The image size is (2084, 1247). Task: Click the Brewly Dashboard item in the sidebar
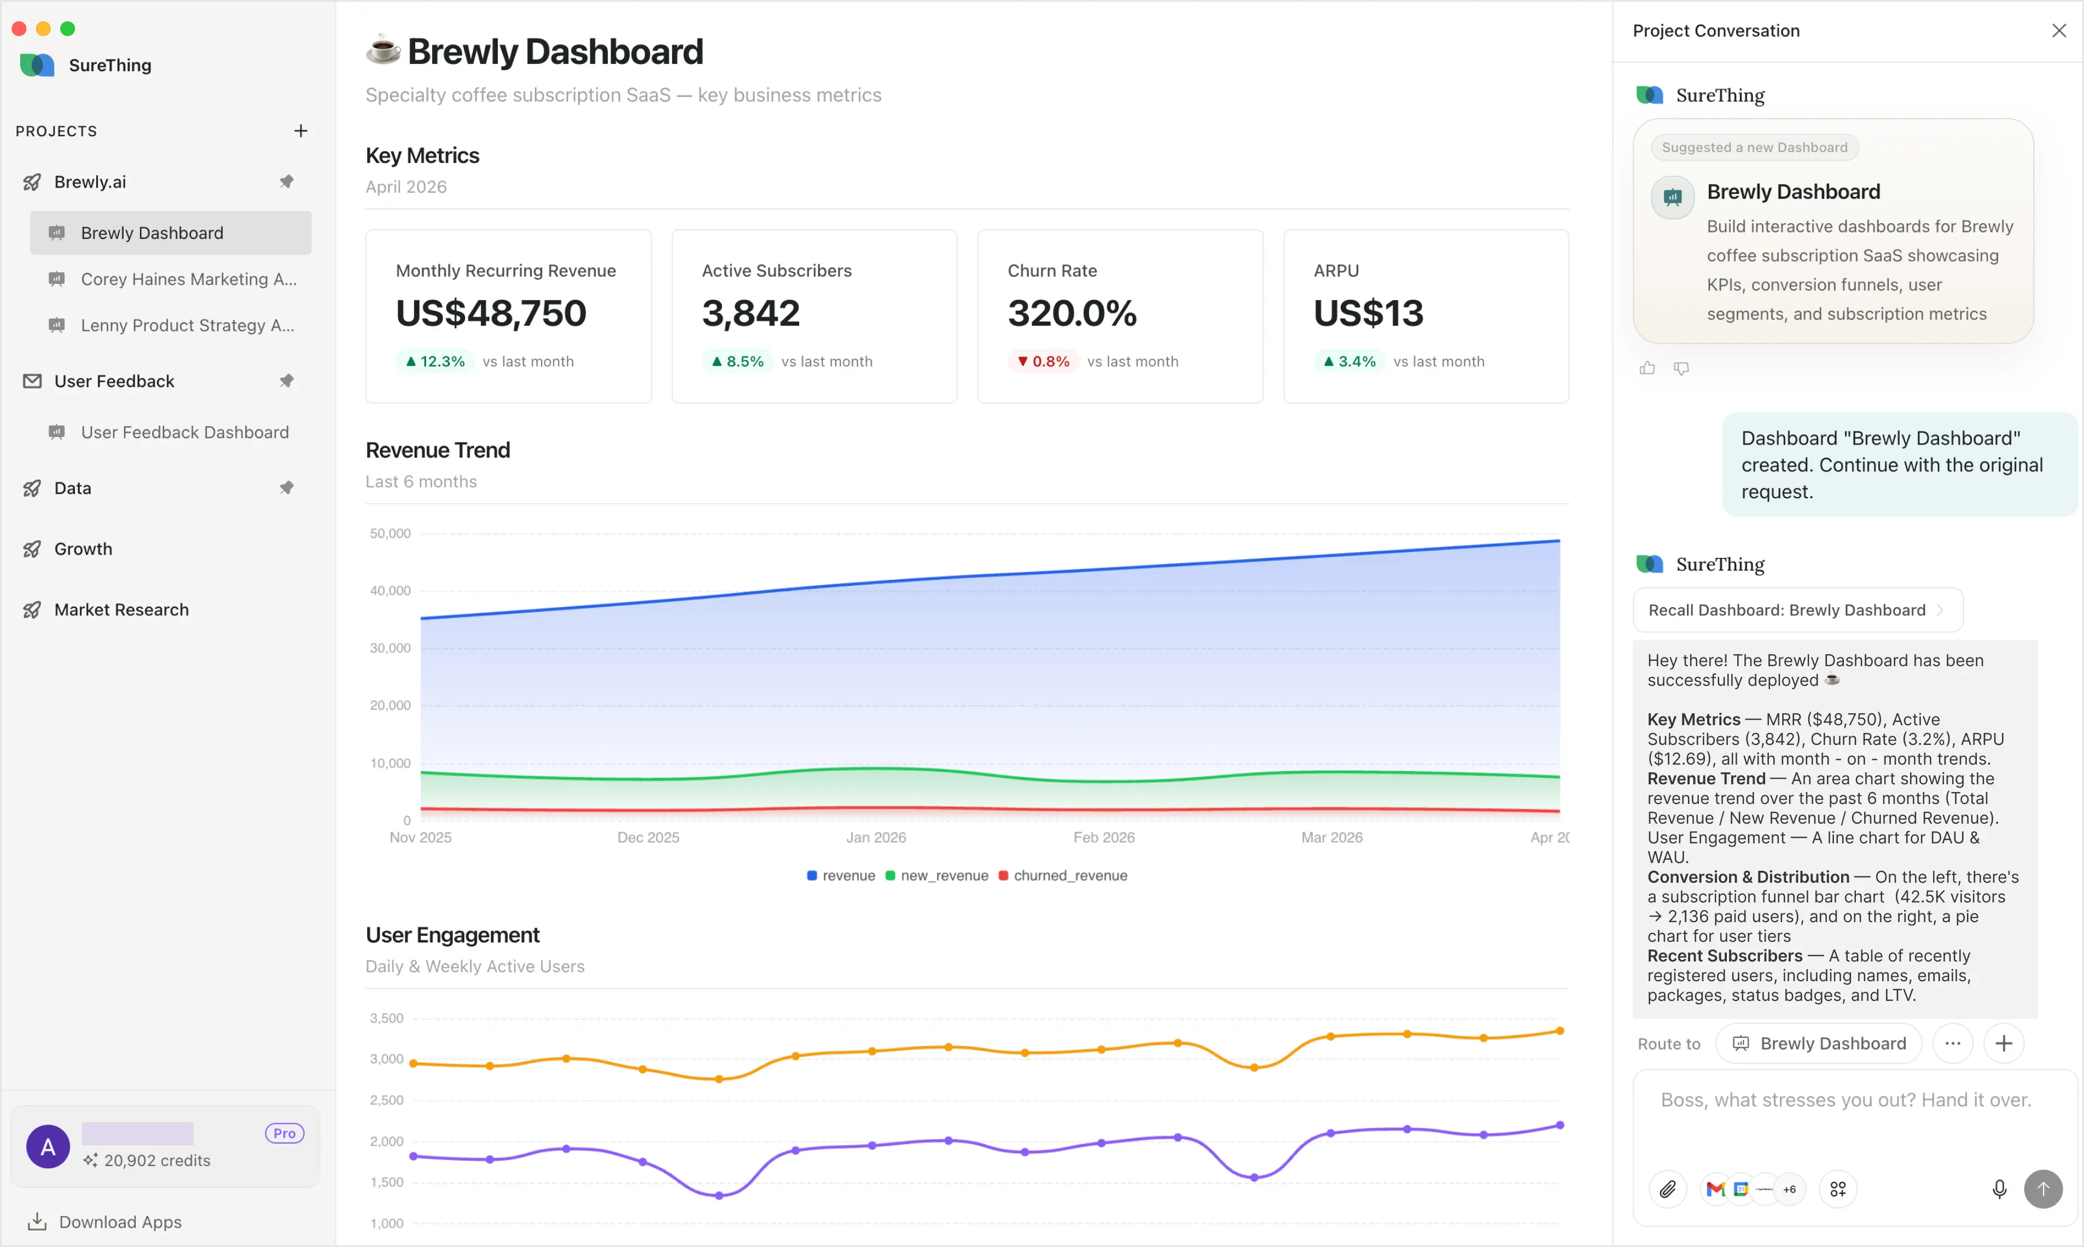(x=152, y=233)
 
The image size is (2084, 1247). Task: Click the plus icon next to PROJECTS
(x=300, y=131)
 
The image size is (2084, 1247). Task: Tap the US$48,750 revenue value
(x=491, y=313)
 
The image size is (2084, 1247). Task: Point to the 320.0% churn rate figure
(x=1072, y=313)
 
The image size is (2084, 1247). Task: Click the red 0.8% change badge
(x=1043, y=362)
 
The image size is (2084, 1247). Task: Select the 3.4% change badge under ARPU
(x=1349, y=362)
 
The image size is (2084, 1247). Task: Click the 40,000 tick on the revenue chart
(x=390, y=591)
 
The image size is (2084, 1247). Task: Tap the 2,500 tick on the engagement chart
(x=387, y=1100)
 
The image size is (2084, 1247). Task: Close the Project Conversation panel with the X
(x=2059, y=31)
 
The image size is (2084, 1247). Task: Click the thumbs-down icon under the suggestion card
(x=1681, y=368)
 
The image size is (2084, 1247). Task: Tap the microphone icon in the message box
(x=1999, y=1189)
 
